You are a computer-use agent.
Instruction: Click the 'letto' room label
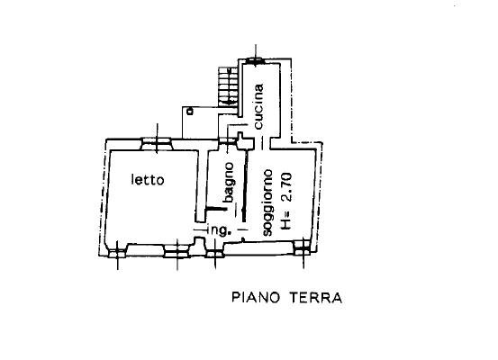tap(148, 180)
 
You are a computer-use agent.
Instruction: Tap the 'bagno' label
tap(229, 182)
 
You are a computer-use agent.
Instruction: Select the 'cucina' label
tap(258, 106)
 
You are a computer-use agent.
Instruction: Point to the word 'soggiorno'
tap(267, 202)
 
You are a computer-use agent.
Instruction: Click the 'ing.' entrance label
tap(218, 230)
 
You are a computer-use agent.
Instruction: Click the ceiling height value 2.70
tap(286, 187)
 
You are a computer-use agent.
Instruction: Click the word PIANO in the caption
tap(256, 298)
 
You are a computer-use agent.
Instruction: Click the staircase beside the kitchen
tap(228, 86)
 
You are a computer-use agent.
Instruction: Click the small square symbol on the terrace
tap(190, 112)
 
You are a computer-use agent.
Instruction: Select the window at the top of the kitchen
tap(256, 60)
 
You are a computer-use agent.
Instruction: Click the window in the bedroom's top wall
tap(157, 143)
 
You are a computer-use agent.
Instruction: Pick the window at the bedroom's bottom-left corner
tap(117, 253)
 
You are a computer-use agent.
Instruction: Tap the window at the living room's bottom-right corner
tap(303, 247)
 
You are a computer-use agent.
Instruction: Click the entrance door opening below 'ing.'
tap(215, 253)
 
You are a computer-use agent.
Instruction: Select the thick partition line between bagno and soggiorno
tap(245, 186)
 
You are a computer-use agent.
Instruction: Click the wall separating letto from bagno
tap(201, 185)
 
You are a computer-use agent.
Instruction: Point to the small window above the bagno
tap(228, 140)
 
